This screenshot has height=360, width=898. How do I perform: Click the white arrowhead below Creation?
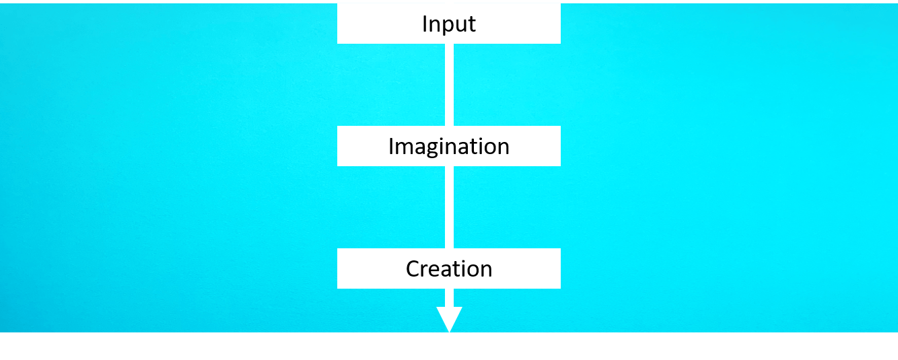point(449,318)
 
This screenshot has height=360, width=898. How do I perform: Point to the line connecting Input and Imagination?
point(449,85)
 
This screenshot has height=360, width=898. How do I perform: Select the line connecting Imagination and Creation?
point(449,207)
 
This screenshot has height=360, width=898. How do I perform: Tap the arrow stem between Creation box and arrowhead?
point(449,297)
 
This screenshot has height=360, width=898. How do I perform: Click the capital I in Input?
point(425,24)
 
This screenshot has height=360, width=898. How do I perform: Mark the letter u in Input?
point(459,25)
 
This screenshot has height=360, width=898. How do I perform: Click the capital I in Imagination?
point(391,146)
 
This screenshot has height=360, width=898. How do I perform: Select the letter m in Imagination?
point(403,147)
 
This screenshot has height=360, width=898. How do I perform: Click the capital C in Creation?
point(413,269)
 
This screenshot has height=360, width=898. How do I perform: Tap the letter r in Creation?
point(424,271)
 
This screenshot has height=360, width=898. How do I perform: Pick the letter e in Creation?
point(435,271)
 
